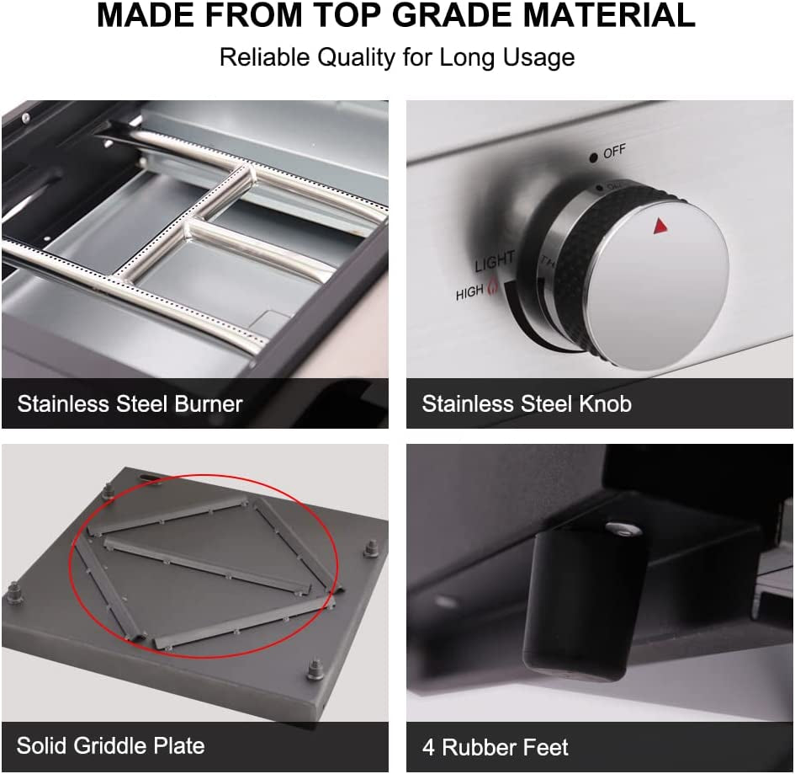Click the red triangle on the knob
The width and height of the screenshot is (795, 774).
(660, 226)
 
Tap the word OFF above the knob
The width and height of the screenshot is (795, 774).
(614, 152)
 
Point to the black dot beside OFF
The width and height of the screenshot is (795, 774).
(593, 158)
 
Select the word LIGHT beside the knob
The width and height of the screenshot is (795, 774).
(495, 261)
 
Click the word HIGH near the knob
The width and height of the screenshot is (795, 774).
(469, 293)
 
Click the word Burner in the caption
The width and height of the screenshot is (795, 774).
(209, 404)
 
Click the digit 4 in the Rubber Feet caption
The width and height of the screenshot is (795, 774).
(429, 748)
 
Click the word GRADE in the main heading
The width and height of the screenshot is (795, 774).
(453, 15)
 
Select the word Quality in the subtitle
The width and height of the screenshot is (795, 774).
(356, 57)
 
